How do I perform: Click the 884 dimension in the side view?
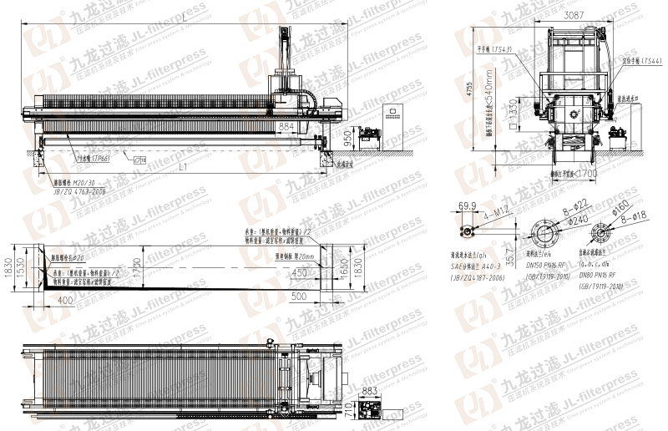pyautogui.click(x=286, y=127)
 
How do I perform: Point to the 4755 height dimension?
pyautogui.click(x=469, y=90)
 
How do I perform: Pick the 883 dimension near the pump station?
pyautogui.click(x=371, y=391)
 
